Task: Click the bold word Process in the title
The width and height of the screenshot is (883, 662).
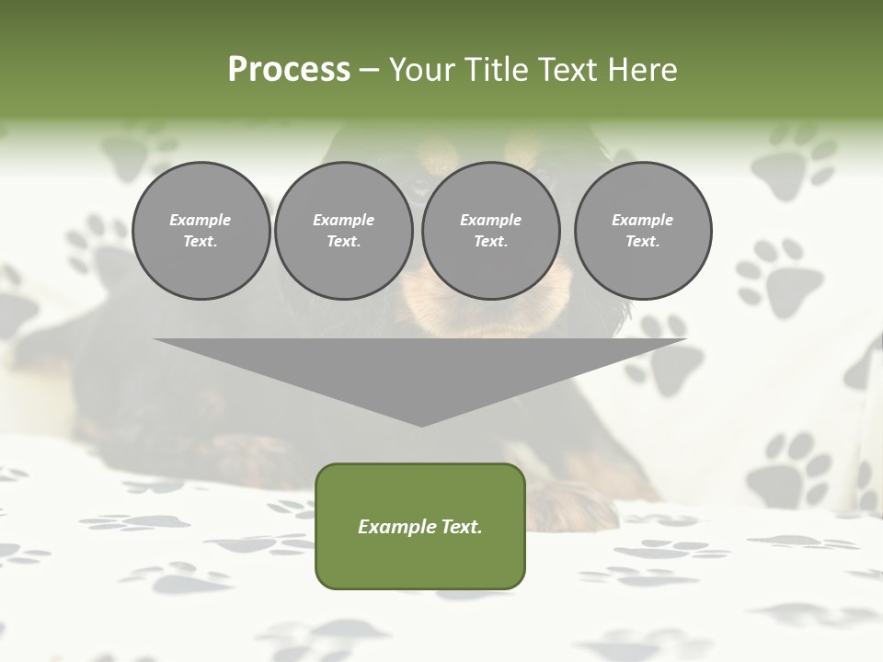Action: tap(289, 70)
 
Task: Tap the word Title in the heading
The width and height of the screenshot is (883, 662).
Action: tap(497, 70)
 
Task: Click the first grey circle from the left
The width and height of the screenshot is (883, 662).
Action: tap(201, 231)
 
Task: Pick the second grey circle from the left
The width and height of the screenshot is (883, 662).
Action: tap(343, 231)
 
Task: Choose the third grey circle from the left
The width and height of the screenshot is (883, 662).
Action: tap(490, 231)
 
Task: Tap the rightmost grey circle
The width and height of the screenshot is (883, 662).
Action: tap(643, 231)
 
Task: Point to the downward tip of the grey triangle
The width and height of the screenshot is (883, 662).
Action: tap(421, 425)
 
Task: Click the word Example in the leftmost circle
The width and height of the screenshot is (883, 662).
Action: tap(201, 220)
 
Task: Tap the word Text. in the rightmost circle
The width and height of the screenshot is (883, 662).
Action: tap(643, 242)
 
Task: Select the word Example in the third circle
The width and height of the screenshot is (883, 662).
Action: tap(490, 220)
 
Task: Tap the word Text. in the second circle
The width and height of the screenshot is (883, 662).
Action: tap(343, 242)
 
